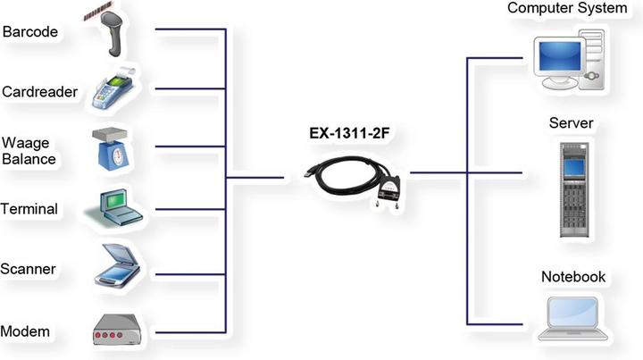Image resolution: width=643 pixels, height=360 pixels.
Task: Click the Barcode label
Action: tap(29, 32)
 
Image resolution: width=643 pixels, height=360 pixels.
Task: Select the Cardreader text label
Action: tap(40, 91)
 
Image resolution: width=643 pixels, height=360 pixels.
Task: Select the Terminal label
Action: tap(29, 209)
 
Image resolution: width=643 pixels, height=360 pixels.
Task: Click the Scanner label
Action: tap(29, 269)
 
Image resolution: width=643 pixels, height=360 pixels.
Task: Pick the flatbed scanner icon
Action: tap(115, 265)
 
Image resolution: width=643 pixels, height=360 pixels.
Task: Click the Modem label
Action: tap(25, 331)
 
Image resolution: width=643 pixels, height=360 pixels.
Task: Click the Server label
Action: tap(572, 121)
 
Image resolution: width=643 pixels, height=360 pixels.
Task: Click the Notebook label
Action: tap(573, 277)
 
